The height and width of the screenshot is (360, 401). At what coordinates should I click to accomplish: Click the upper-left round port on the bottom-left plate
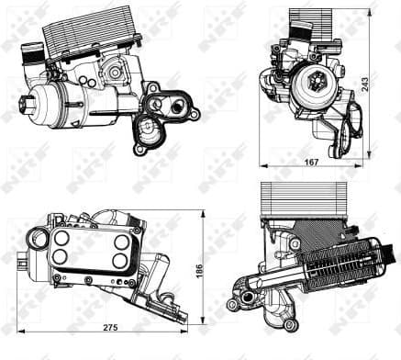point(61,237)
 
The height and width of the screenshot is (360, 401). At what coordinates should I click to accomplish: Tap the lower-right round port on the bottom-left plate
point(120,261)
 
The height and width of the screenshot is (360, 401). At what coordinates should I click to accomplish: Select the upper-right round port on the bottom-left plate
point(120,238)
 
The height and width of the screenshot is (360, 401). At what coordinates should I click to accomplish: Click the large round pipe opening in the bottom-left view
point(38,240)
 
